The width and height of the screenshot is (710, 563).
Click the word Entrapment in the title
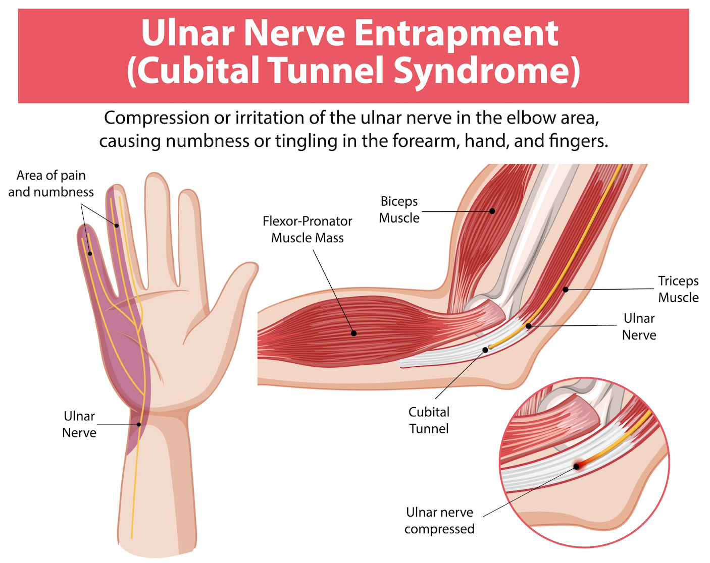(x=456, y=33)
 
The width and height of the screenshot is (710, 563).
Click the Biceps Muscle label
(x=399, y=209)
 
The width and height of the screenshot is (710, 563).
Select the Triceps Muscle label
(x=678, y=289)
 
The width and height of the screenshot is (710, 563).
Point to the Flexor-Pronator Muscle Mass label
(x=307, y=229)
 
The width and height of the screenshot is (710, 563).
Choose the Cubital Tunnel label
(x=429, y=420)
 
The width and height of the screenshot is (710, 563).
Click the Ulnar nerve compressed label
(x=439, y=520)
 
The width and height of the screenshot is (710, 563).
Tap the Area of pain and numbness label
(x=51, y=183)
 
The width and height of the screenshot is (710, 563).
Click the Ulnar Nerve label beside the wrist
(x=79, y=424)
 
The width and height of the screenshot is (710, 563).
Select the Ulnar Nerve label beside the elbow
(x=639, y=326)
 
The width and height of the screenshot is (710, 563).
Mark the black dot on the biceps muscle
(x=492, y=211)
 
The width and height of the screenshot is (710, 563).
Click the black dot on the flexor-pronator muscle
(x=354, y=333)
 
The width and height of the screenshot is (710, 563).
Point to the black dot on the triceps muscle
(x=566, y=290)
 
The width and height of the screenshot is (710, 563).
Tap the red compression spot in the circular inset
(x=577, y=466)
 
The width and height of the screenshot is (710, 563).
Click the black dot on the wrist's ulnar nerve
(x=139, y=424)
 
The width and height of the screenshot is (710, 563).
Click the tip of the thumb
(x=249, y=267)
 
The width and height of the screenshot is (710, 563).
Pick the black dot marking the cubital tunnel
(x=485, y=350)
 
